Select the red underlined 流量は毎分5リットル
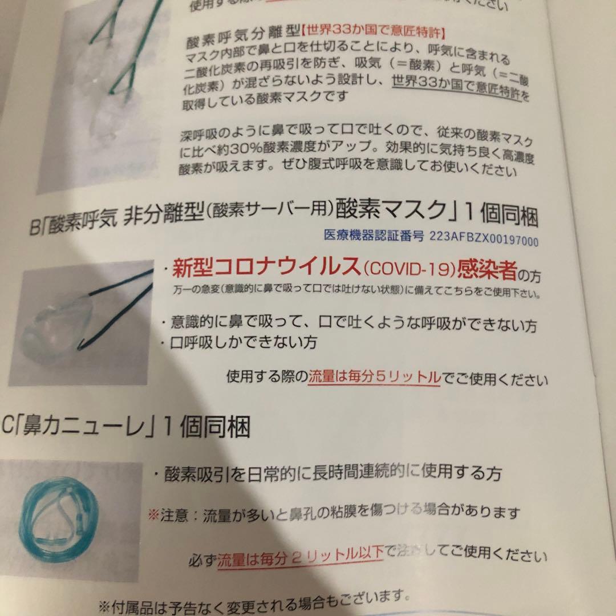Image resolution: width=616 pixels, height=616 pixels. [x=374, y=377]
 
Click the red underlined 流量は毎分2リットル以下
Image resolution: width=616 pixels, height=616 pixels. [x=300, y=554]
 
